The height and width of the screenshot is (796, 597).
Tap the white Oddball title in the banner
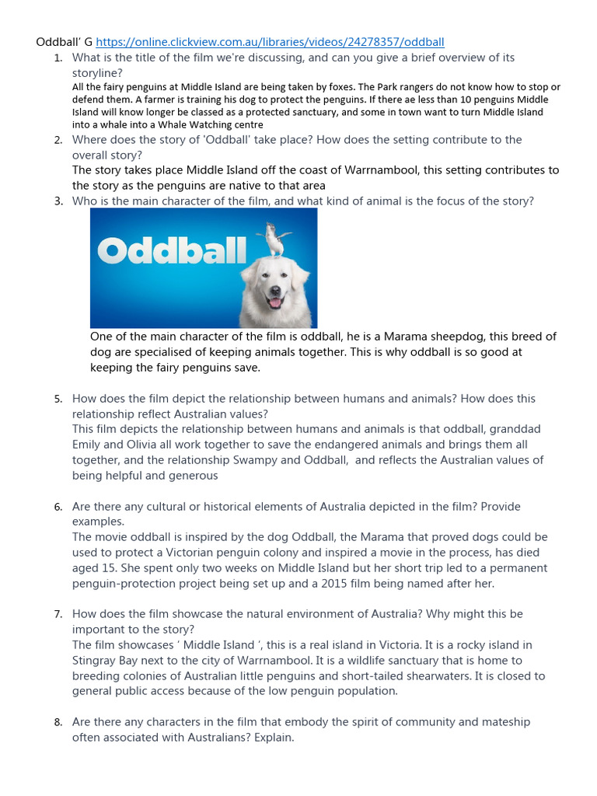172,250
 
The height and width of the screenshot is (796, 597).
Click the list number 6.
58,507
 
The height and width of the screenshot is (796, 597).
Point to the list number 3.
58,201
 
